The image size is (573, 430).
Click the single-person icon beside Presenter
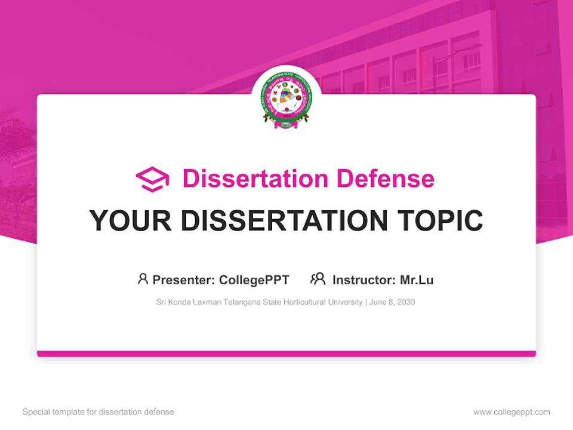click(x=143, y=279)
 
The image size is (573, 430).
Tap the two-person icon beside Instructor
click(x=318, y=279)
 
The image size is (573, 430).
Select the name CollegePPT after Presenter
click(x=254, y=280)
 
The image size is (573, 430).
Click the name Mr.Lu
click(x=417, y=280)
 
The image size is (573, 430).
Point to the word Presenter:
click(x=184, y=280)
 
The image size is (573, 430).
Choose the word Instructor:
click(x=363, y=280)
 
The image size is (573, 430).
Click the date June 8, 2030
click(x=392, y=302)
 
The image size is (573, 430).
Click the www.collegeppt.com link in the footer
click(x=512, y=412)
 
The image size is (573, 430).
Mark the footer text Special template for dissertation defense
click(x=98, y=412)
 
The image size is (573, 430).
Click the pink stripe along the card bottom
click(x=286, y=354)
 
